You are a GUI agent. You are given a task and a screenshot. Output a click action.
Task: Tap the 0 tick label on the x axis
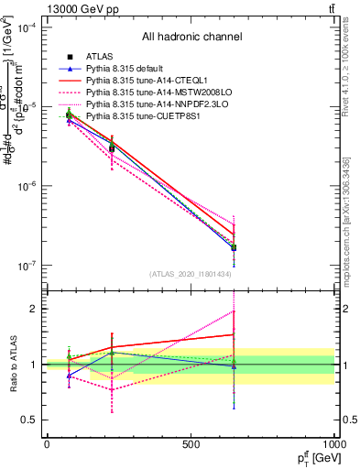47,444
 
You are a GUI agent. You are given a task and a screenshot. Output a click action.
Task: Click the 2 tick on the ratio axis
35,309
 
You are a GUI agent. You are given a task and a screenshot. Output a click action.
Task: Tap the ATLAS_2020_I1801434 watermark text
191,274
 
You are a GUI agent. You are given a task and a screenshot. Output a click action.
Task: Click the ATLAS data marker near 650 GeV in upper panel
234,247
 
